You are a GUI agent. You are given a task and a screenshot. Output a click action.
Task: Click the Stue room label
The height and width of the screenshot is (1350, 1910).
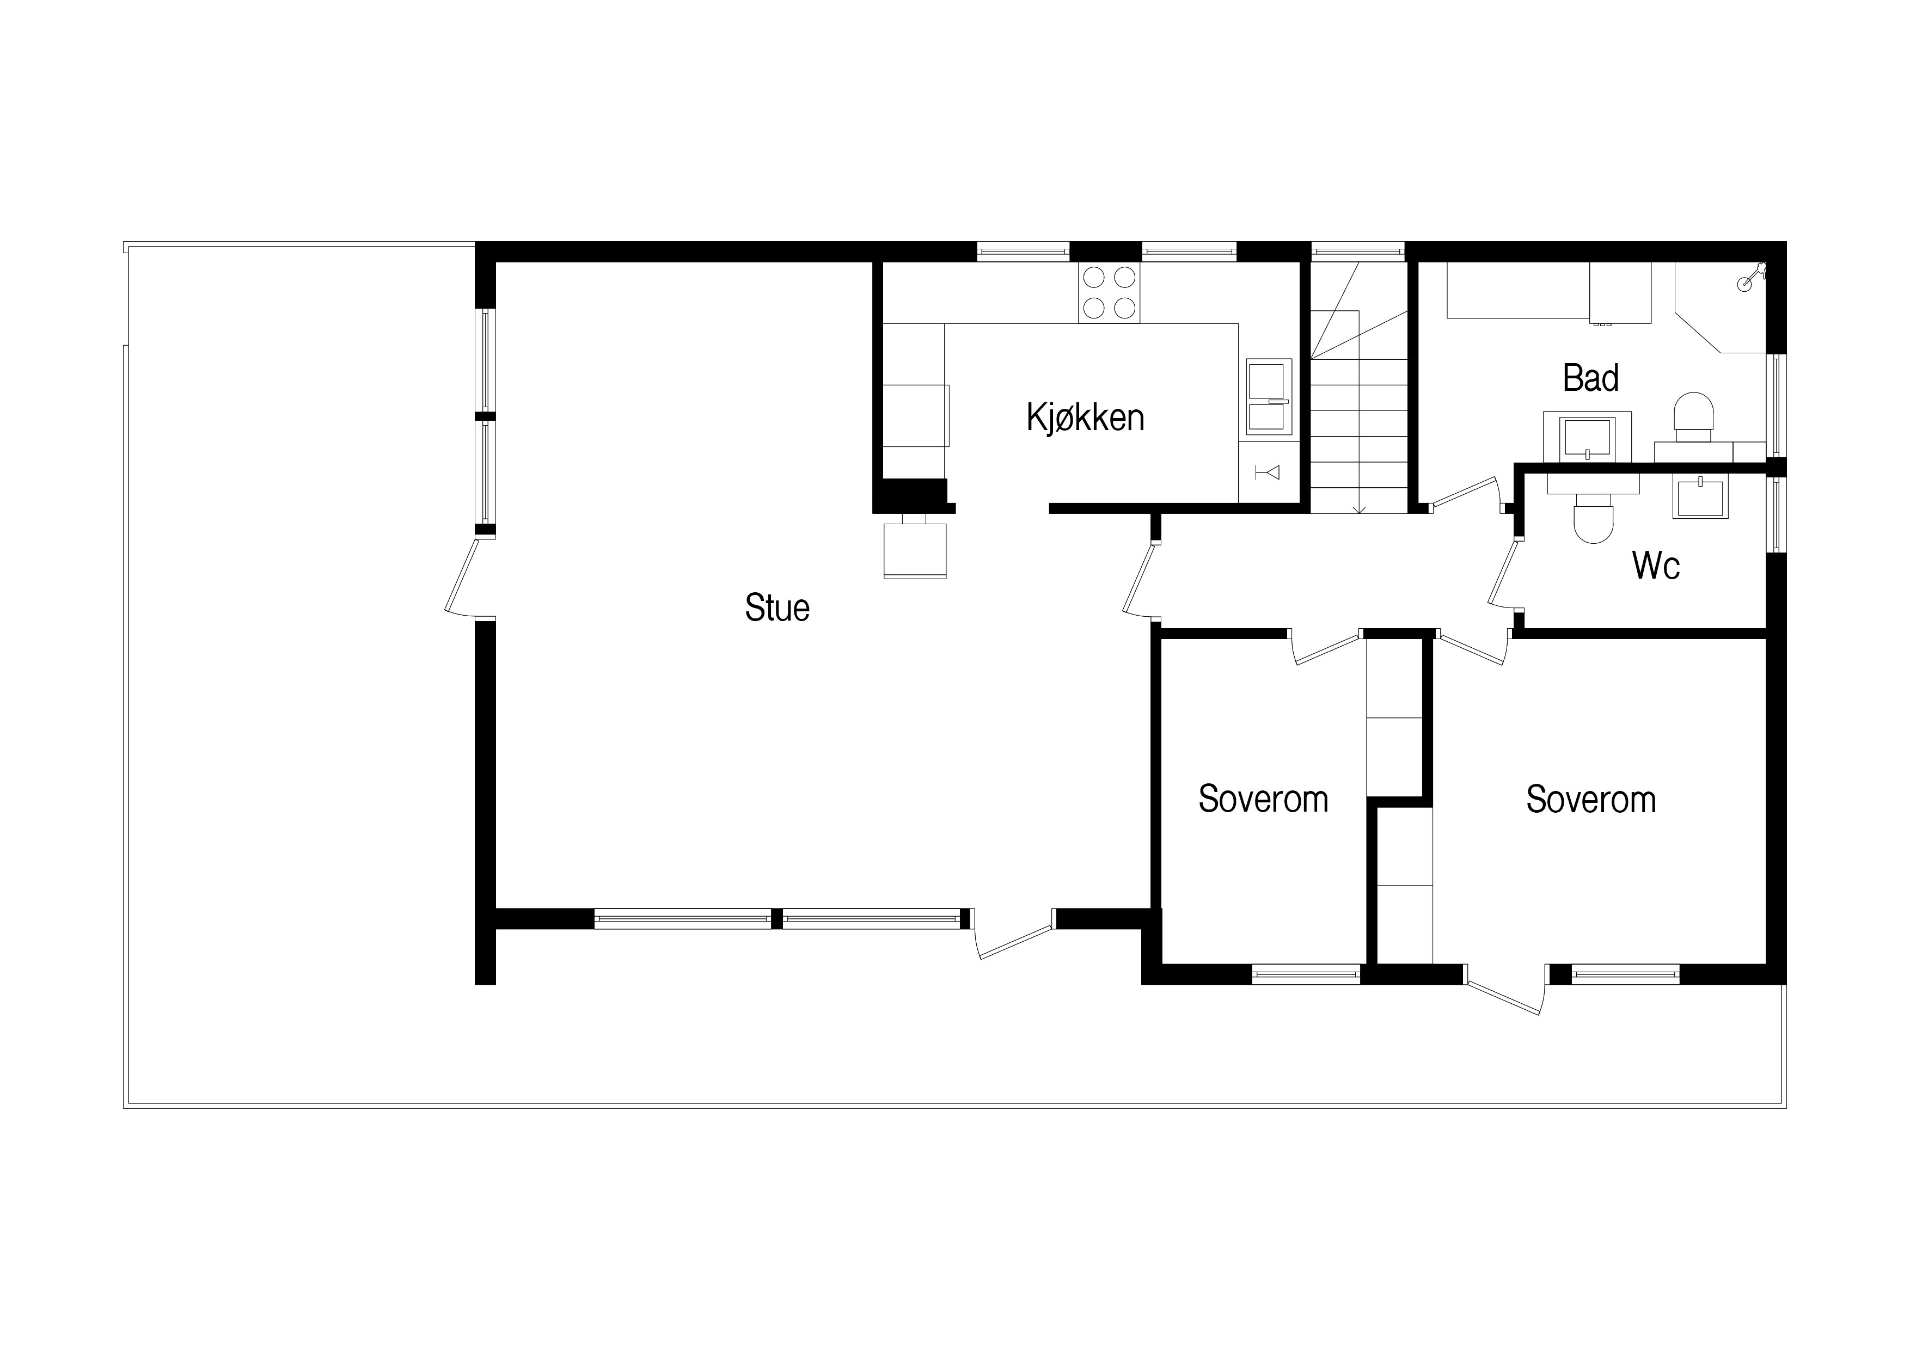[x=777, y=608]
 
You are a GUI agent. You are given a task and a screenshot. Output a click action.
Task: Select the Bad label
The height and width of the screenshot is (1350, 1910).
[x=1590, y=378]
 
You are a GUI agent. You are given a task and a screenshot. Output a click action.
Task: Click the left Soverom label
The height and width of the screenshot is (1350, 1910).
[x=1263, y=799]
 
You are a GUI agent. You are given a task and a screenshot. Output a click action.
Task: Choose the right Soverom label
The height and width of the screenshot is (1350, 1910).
[x=1590, y=799]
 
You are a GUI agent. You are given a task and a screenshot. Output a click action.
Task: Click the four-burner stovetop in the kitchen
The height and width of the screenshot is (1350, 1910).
[x=1109, y=293]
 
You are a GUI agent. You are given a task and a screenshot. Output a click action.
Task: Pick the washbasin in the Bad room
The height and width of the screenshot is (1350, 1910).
[x=1587, y=437]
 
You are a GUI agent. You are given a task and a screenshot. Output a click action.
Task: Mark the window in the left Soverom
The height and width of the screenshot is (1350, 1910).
[x=1306, y=973]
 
